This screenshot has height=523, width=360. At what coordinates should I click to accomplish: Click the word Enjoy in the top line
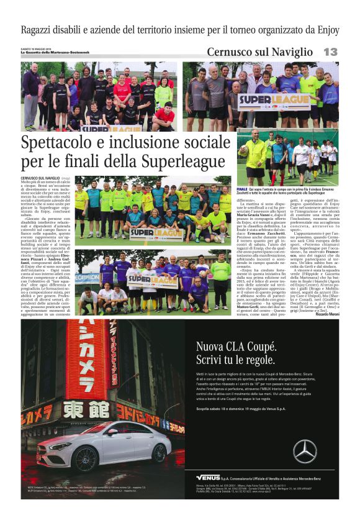pos(325,29)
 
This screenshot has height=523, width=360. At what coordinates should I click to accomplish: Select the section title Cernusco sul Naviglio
pos(259,52)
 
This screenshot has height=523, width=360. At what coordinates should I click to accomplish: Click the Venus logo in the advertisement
pos(208,477)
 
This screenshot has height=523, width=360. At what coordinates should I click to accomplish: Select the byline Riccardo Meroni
pos(323,314)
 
